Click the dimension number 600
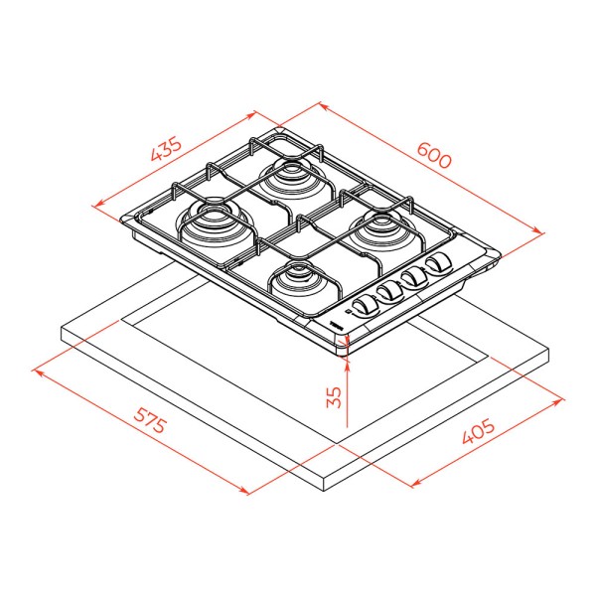434,155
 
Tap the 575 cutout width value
150,420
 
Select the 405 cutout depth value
479,431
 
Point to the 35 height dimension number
334,397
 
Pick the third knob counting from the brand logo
414,277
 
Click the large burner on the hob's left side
216,224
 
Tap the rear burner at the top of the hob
291,180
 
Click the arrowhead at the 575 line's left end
38,372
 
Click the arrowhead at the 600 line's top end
322,105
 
